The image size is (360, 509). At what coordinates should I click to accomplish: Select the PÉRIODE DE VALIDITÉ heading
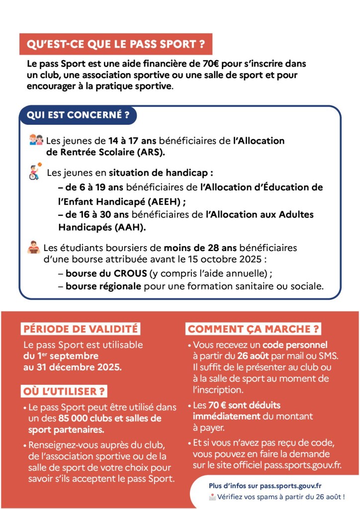coord(80,329)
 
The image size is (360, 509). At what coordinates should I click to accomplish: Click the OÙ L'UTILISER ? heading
coord(65,391)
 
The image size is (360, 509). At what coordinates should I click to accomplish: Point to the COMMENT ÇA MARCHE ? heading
coord(254,329)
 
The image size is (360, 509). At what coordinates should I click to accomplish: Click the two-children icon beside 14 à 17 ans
coord(36,141)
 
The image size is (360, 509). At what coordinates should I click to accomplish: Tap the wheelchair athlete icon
coord(34,171)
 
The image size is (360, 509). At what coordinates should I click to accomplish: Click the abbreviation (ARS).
coord(147,152)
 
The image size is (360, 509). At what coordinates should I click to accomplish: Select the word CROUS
coord(131,273)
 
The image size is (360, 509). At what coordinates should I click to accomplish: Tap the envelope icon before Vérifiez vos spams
coord(212,497)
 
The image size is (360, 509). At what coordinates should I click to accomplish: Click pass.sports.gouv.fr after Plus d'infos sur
coord(293,486)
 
